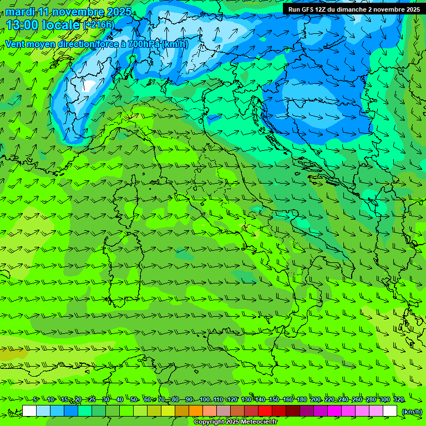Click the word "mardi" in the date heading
[x=20, y=12]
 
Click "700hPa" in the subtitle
[x=144, y=44]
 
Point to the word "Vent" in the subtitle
[x=16, y=44]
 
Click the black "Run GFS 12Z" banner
[x=353, y=9]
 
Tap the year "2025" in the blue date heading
[x=118, y=12]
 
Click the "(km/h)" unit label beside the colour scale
[x=411, y=411]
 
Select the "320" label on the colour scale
[x=399, y=399]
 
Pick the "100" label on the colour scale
[x=204, y=399]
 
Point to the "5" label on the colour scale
[x=35, y=399]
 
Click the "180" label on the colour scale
[x=301, y=399]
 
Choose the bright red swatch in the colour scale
[x=265, y=411]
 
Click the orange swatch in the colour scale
[x=196, y=411]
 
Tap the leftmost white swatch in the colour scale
[x=29, y=411]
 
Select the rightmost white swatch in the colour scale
[x=390, y=411]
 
